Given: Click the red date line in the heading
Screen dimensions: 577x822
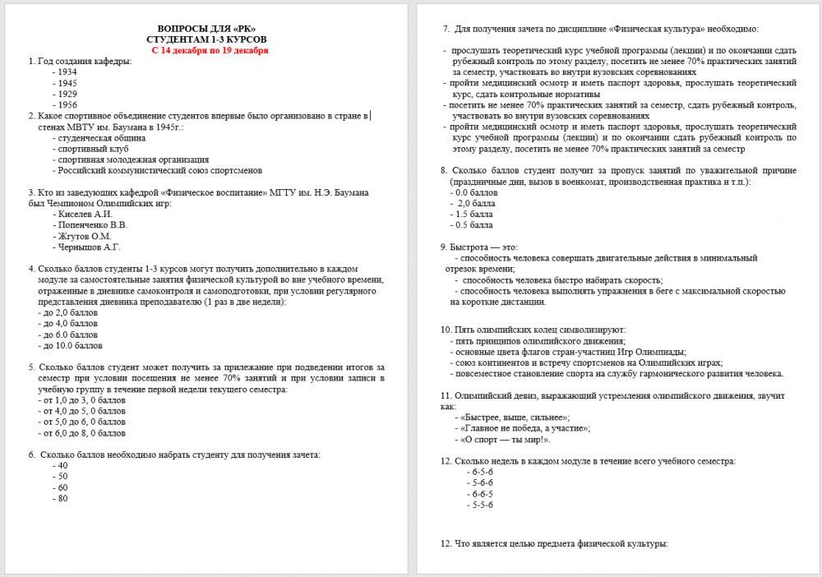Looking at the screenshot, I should tap(210, 50).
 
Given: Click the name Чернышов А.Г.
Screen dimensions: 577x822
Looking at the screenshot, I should tap(89, 247).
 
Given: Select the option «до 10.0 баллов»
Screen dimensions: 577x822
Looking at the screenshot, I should tap(71, 345).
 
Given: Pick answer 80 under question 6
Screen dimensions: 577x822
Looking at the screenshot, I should tap(62, 498).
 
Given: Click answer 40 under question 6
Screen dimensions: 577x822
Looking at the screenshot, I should tap(62, 466).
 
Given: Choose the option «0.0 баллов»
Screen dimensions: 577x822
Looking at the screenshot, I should tap(474, 192).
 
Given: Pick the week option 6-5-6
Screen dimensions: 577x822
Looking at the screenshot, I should tap(482, 473).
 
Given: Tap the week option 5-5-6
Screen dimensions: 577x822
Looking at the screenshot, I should tap(482, 505).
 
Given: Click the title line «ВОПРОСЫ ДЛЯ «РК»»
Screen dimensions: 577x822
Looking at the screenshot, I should tap(206, 29).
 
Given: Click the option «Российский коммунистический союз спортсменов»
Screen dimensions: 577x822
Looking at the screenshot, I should tap(159, 170).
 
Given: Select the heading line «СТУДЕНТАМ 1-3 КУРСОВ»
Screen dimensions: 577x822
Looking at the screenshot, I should tap(206, 39).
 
